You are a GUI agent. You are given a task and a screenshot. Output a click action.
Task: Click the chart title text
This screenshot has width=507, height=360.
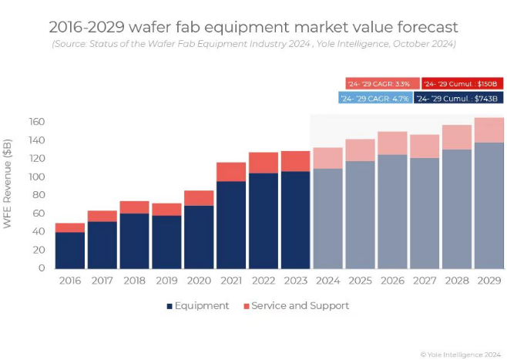coord(253,28)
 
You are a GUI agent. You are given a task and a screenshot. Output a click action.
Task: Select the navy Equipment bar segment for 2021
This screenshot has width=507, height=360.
coord(230,224)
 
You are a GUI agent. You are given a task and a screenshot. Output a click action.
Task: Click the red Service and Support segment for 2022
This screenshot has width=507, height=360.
coord(263,163)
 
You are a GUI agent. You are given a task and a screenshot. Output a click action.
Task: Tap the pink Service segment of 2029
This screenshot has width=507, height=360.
coord(489,130)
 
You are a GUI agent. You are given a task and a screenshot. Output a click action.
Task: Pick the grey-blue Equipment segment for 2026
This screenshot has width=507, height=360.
coord(392,211)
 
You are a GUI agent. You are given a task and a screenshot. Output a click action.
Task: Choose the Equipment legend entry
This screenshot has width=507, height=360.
coord(197,306)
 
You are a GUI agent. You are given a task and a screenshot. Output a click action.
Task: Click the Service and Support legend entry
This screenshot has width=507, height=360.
coord(296,306)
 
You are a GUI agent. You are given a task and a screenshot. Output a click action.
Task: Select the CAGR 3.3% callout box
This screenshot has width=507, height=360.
coord(382,83)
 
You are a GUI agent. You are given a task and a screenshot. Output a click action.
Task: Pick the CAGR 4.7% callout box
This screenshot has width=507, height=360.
coord(374,98)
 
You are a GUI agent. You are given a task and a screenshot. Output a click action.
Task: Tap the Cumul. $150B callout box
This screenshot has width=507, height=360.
coord(462,83)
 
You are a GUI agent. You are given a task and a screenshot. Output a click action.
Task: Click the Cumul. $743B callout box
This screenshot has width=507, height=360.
coord(458,98)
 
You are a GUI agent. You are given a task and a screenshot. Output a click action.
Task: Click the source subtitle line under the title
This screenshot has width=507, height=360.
coord(253,44)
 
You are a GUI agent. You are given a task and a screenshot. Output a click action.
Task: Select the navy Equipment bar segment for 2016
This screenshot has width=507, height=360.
coord(69,250)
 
